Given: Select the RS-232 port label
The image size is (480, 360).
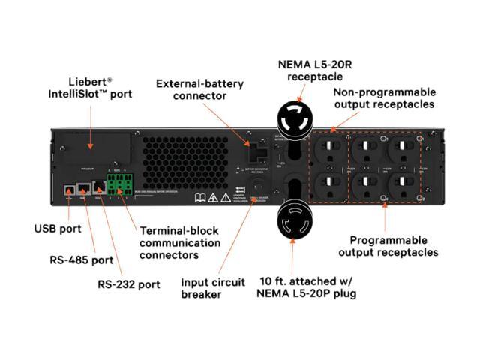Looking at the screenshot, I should [129, 284].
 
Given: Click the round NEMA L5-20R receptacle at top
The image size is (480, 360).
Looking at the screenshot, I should [298, 118].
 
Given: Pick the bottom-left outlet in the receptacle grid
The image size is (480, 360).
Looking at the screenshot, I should [332, 184].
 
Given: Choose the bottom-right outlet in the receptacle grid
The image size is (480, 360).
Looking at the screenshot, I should [401, 184].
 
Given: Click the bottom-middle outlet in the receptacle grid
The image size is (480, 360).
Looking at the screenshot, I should [367, 184].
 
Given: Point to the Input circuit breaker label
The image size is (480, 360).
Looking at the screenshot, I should [213, 288].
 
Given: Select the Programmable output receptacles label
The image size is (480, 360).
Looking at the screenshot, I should [388, 246].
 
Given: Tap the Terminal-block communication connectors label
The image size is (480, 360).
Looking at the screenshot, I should [180, 243].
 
